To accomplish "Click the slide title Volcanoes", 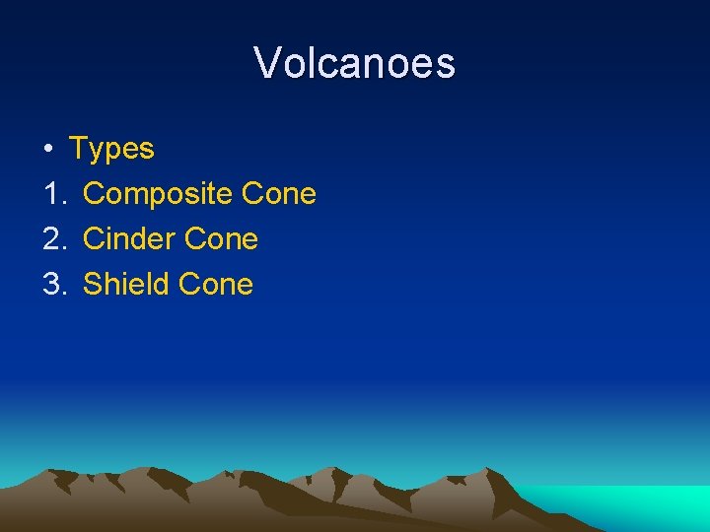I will [x=355, y=63].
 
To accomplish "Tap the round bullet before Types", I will [x=47, y=150].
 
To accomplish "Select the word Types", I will [x=111, y=149].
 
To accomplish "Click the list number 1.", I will [x=52, y=194].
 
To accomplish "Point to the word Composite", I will [x=157, y=194].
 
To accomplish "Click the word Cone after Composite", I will [x=278, y=194].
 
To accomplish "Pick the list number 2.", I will [x=52, y=239].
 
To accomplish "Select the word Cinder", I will [x=129, y=239].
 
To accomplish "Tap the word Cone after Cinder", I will [x=221, y=239].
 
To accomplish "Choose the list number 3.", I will [x=52, y=285].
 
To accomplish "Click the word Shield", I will [x=126, y=285].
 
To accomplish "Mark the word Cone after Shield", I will [x=216, y=285].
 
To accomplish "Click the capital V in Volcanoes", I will [x=266, y=63].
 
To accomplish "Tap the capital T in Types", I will [x=77, y=149].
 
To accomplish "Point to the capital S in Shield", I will [x=92, y=285].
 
